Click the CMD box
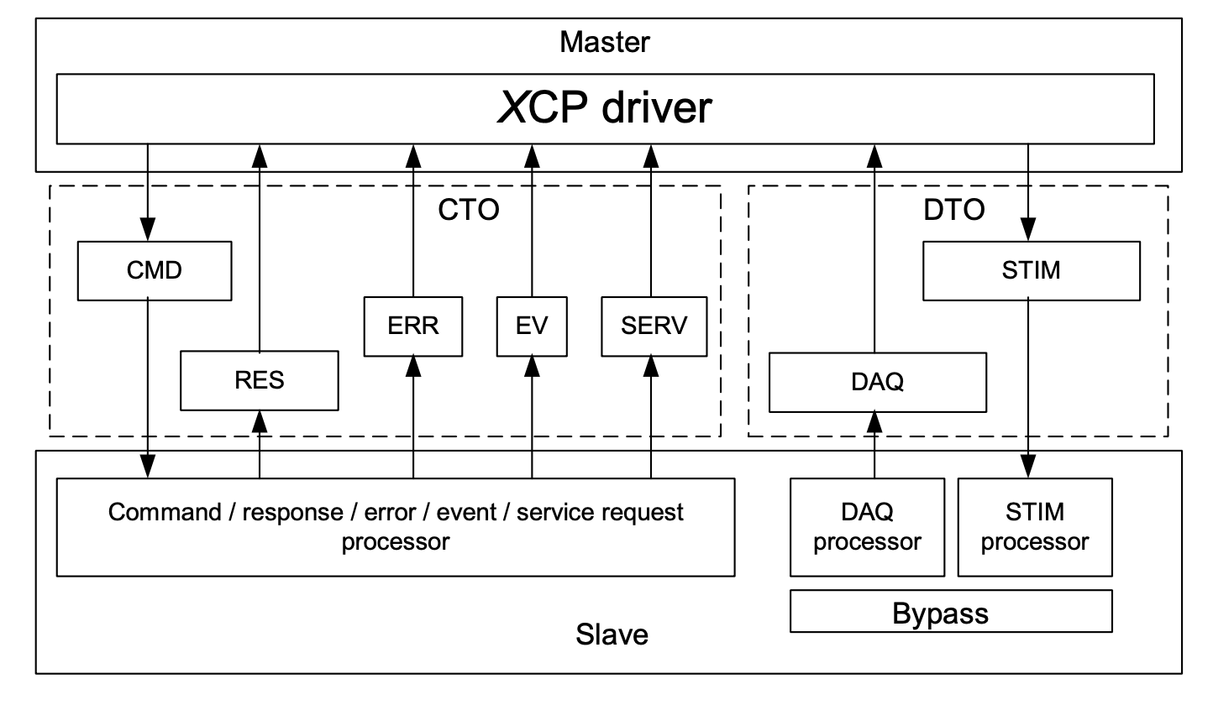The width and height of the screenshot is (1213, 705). tap(155, 271)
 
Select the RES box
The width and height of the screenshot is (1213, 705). tap(260, 380)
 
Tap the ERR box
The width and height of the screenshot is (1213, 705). tap(413, 326)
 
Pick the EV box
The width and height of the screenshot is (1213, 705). tap(532, 326)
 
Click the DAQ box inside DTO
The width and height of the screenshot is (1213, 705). tap(877, 382)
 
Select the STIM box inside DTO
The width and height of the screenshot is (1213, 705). tap(1031, 271)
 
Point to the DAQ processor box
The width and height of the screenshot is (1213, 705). tap(867, 527)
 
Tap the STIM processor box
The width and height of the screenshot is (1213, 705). tap(1034, 527)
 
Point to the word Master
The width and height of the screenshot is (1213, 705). tap(605, 41)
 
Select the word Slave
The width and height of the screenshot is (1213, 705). tap(612, 634)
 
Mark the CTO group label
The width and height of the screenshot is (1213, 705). tap(469, 210)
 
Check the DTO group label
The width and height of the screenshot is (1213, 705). tap(953, 210)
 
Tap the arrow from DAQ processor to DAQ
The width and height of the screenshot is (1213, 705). tap(875, 445)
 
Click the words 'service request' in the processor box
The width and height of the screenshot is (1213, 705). tap(600, 512)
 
